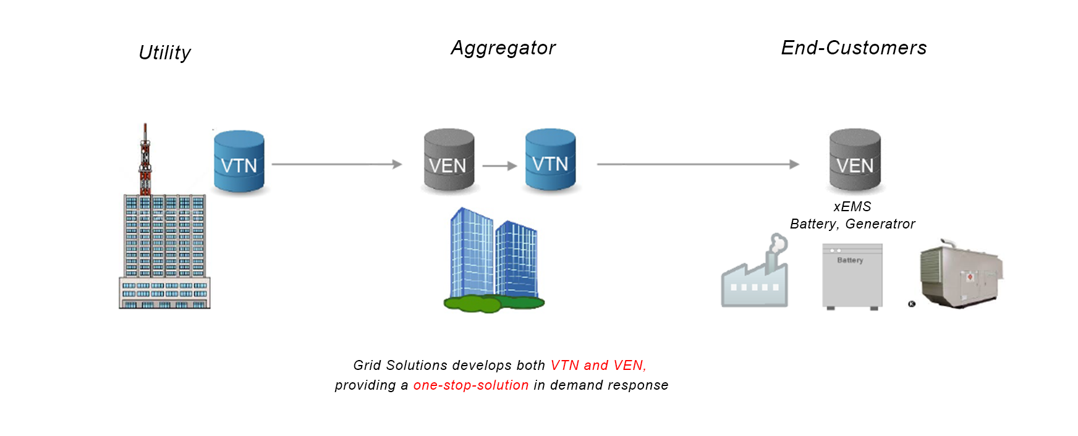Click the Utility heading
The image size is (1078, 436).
(x=164, y=52)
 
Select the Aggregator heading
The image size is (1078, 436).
(x=503, y=48)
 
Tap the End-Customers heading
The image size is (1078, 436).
(x=854, y=48)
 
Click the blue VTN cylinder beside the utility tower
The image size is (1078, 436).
(x=239, y=161)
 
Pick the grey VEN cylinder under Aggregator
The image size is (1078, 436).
(x=449, y=161)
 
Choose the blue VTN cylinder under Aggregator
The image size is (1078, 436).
(x=550, y=160)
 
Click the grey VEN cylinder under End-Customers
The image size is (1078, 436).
(x=855, y=161)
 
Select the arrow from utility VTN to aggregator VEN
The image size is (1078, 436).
(x=337, y=164)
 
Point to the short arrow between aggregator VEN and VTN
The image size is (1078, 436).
(x=499, y=166)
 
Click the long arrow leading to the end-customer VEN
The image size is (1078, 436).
(x=697, y=164)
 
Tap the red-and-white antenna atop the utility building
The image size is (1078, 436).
(x=145, y=159)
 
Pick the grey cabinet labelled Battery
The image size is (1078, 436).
(x=852, y=276)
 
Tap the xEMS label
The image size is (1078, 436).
(x=852, y=207)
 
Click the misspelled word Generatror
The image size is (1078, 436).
(x=880, y=224)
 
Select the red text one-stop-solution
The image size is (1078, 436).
(x=471, y=385)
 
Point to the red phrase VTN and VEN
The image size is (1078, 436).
(x=598, y=366)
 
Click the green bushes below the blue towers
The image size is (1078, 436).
(x=494, y=303)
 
